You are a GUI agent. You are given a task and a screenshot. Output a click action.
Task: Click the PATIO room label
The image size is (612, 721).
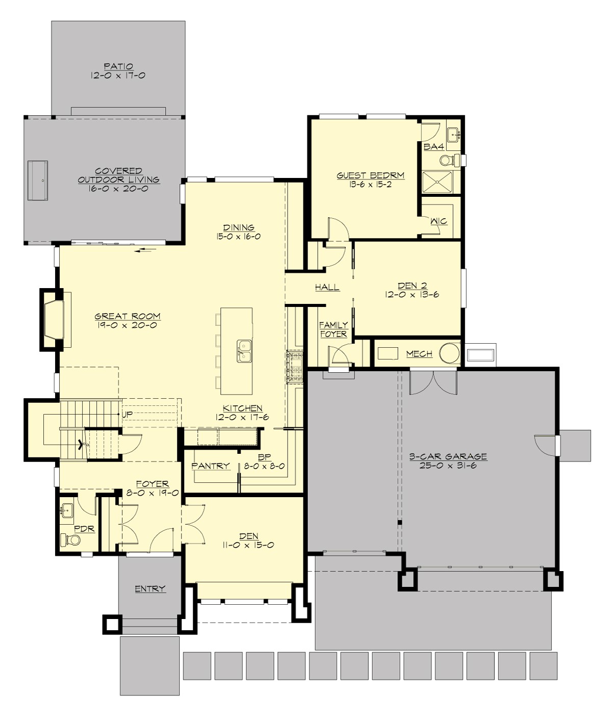click(118, 66)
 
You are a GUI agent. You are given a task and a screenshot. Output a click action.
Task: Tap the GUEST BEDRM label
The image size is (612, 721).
click(370, 175)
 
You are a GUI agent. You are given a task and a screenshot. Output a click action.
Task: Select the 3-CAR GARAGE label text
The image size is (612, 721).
click(448, 456)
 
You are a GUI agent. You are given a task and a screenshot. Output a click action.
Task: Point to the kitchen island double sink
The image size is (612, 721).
click(244, 351)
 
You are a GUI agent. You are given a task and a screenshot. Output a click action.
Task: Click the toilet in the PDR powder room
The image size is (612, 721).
click(70, 539)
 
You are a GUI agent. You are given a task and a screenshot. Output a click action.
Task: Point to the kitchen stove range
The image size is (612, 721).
click(295, 367)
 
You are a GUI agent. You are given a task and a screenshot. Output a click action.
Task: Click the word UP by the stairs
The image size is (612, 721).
click(127, 415)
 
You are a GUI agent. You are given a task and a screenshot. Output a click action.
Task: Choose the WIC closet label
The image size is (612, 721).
click(439, 221)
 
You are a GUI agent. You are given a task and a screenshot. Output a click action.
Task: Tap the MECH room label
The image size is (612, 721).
click(419, 353)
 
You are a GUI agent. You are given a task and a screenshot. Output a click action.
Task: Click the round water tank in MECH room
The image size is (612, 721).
click(450, 353)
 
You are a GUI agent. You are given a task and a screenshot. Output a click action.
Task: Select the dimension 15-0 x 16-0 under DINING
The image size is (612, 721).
click(238, 237)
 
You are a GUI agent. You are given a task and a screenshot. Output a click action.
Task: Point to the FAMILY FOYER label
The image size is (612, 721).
click(333, 329)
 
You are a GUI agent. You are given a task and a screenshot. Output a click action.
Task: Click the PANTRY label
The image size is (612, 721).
click(211, 466)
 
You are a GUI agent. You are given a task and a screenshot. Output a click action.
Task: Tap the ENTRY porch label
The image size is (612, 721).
click(150, 588)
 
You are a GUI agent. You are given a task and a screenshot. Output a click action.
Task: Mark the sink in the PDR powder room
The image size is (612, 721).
click(67, 509)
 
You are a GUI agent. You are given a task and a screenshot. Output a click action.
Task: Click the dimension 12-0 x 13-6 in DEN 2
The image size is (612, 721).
click(412, 294)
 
